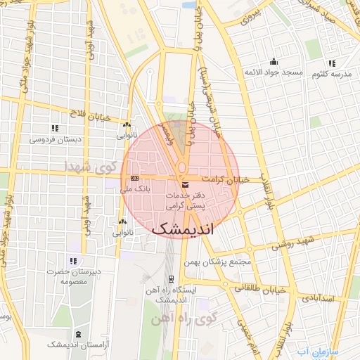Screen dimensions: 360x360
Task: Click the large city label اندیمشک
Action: pyautogui.click(x=186, y=229)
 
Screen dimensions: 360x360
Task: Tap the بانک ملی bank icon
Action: pyautogui.click(x=134, y=178)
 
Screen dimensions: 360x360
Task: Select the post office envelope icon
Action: pyautogui.click(x=185, y=184)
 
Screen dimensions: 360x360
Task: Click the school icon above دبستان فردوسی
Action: pyautogui.click(x=54, y=128)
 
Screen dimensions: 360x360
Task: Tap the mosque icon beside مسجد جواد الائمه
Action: pyautogui.click(x=274, y=61)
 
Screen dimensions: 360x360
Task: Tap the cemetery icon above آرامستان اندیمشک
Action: pyautogui.click(x=77, y=334)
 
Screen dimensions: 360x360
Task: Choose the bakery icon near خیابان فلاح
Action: pyautogui.click(x=127, y=124)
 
